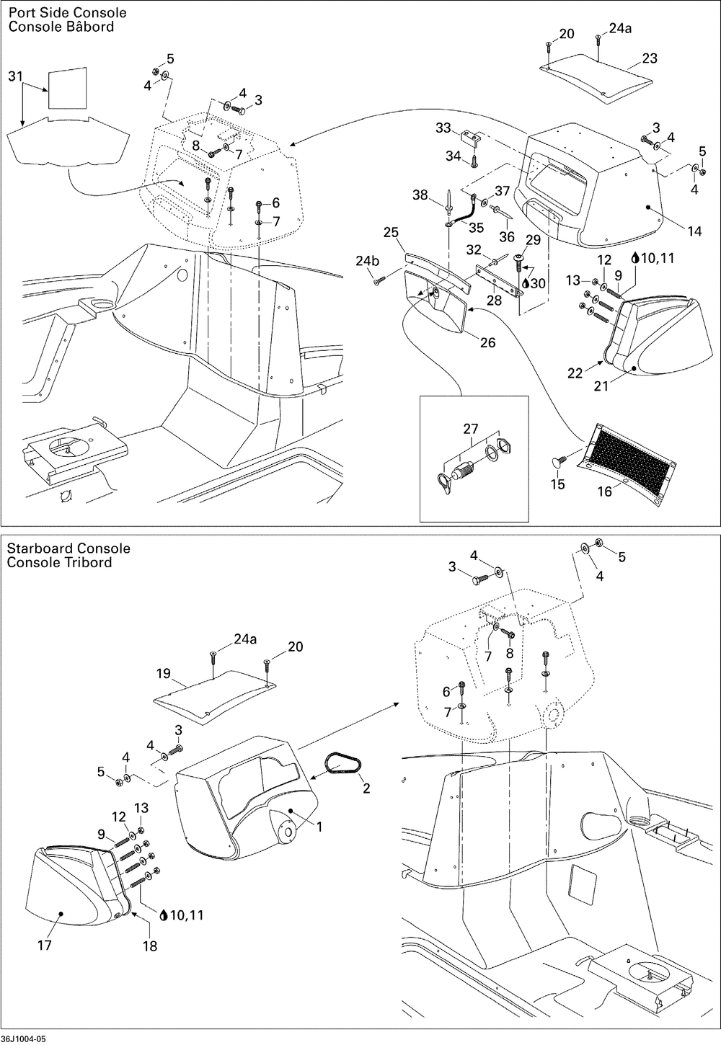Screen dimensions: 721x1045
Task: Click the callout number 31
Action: tap(15, 76)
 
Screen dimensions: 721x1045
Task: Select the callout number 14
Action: tap(694, 231)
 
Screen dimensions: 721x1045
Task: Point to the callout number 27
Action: tap(470, 429)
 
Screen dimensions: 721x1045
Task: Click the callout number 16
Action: tap(604, 492)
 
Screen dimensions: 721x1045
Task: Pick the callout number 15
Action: tap(557, 484)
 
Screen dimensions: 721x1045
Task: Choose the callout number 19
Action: tap(164, 674)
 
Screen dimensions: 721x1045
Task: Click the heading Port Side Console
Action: tap(67, 12)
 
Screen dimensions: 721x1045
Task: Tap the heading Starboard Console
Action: tap(68, 548)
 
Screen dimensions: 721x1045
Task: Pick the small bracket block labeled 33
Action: tap(471, 138)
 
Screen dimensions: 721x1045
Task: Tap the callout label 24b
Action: tap(367, 261)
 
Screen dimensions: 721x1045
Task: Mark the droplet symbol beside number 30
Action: tap(526, 283)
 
